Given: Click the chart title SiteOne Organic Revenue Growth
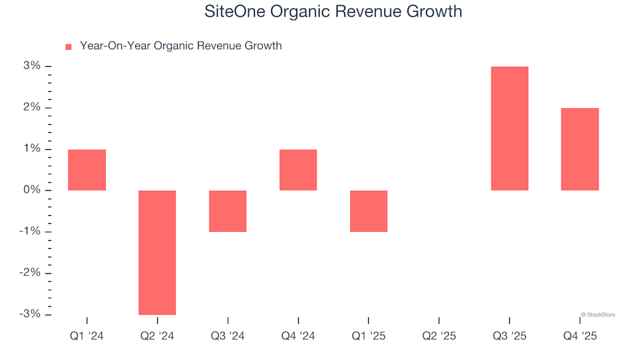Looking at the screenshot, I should [333, 12].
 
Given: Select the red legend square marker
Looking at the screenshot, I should [68, 47].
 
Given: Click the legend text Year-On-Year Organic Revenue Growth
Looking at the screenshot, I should [181, 46].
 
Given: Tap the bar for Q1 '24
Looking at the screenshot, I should [87, 170].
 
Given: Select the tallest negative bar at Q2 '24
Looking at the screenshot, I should [157, 252].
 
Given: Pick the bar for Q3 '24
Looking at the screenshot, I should [228, 211].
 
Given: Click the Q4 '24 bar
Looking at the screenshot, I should [298, 170].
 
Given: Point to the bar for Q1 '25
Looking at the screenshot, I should [369, 211].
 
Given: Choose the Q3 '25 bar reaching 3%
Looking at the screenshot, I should [509, 129].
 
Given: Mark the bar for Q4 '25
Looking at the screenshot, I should [580, 149].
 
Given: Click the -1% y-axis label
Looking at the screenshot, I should [31, 231].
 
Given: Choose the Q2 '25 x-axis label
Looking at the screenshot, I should [439, 336].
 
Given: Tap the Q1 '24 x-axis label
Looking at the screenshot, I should [87, 336].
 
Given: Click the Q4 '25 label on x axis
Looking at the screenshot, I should [580, 336].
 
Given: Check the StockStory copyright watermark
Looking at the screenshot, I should [598, 314].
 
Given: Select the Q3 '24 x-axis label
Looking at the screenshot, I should [228, 336].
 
